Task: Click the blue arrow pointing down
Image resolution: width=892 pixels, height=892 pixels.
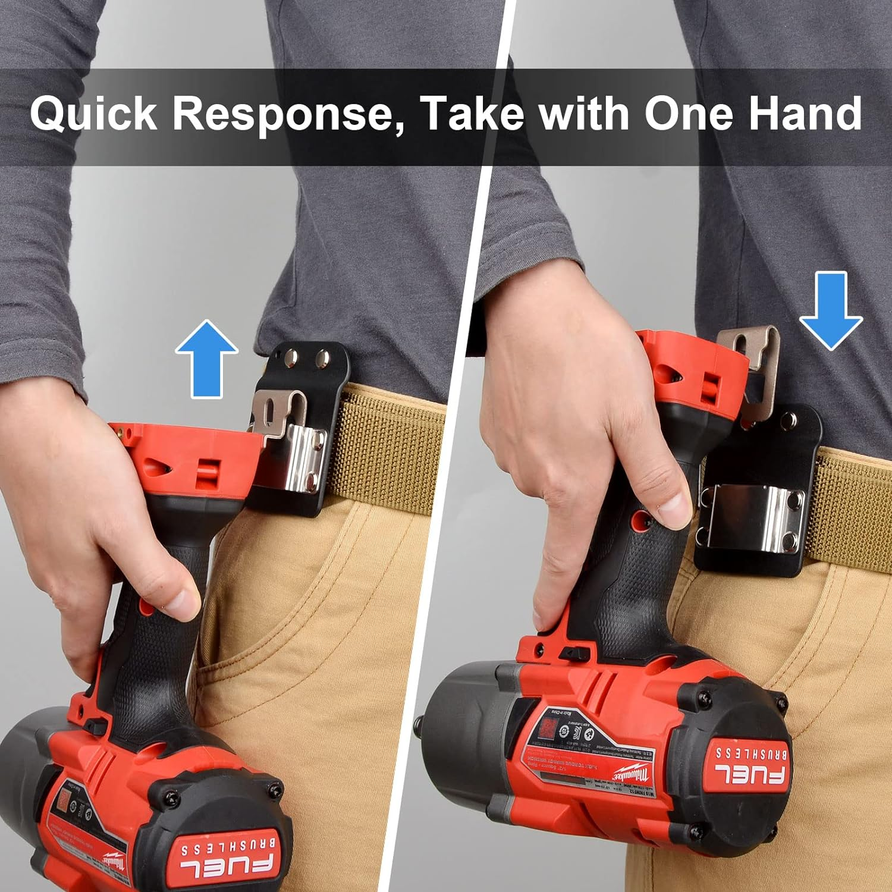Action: (x=830, y=310)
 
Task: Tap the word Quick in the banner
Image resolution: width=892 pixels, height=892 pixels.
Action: (x=93, y=113)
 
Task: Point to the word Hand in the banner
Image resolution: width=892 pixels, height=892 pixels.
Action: (x=804, y=113)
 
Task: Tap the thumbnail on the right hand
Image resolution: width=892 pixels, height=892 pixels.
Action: (x=674, y=507)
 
